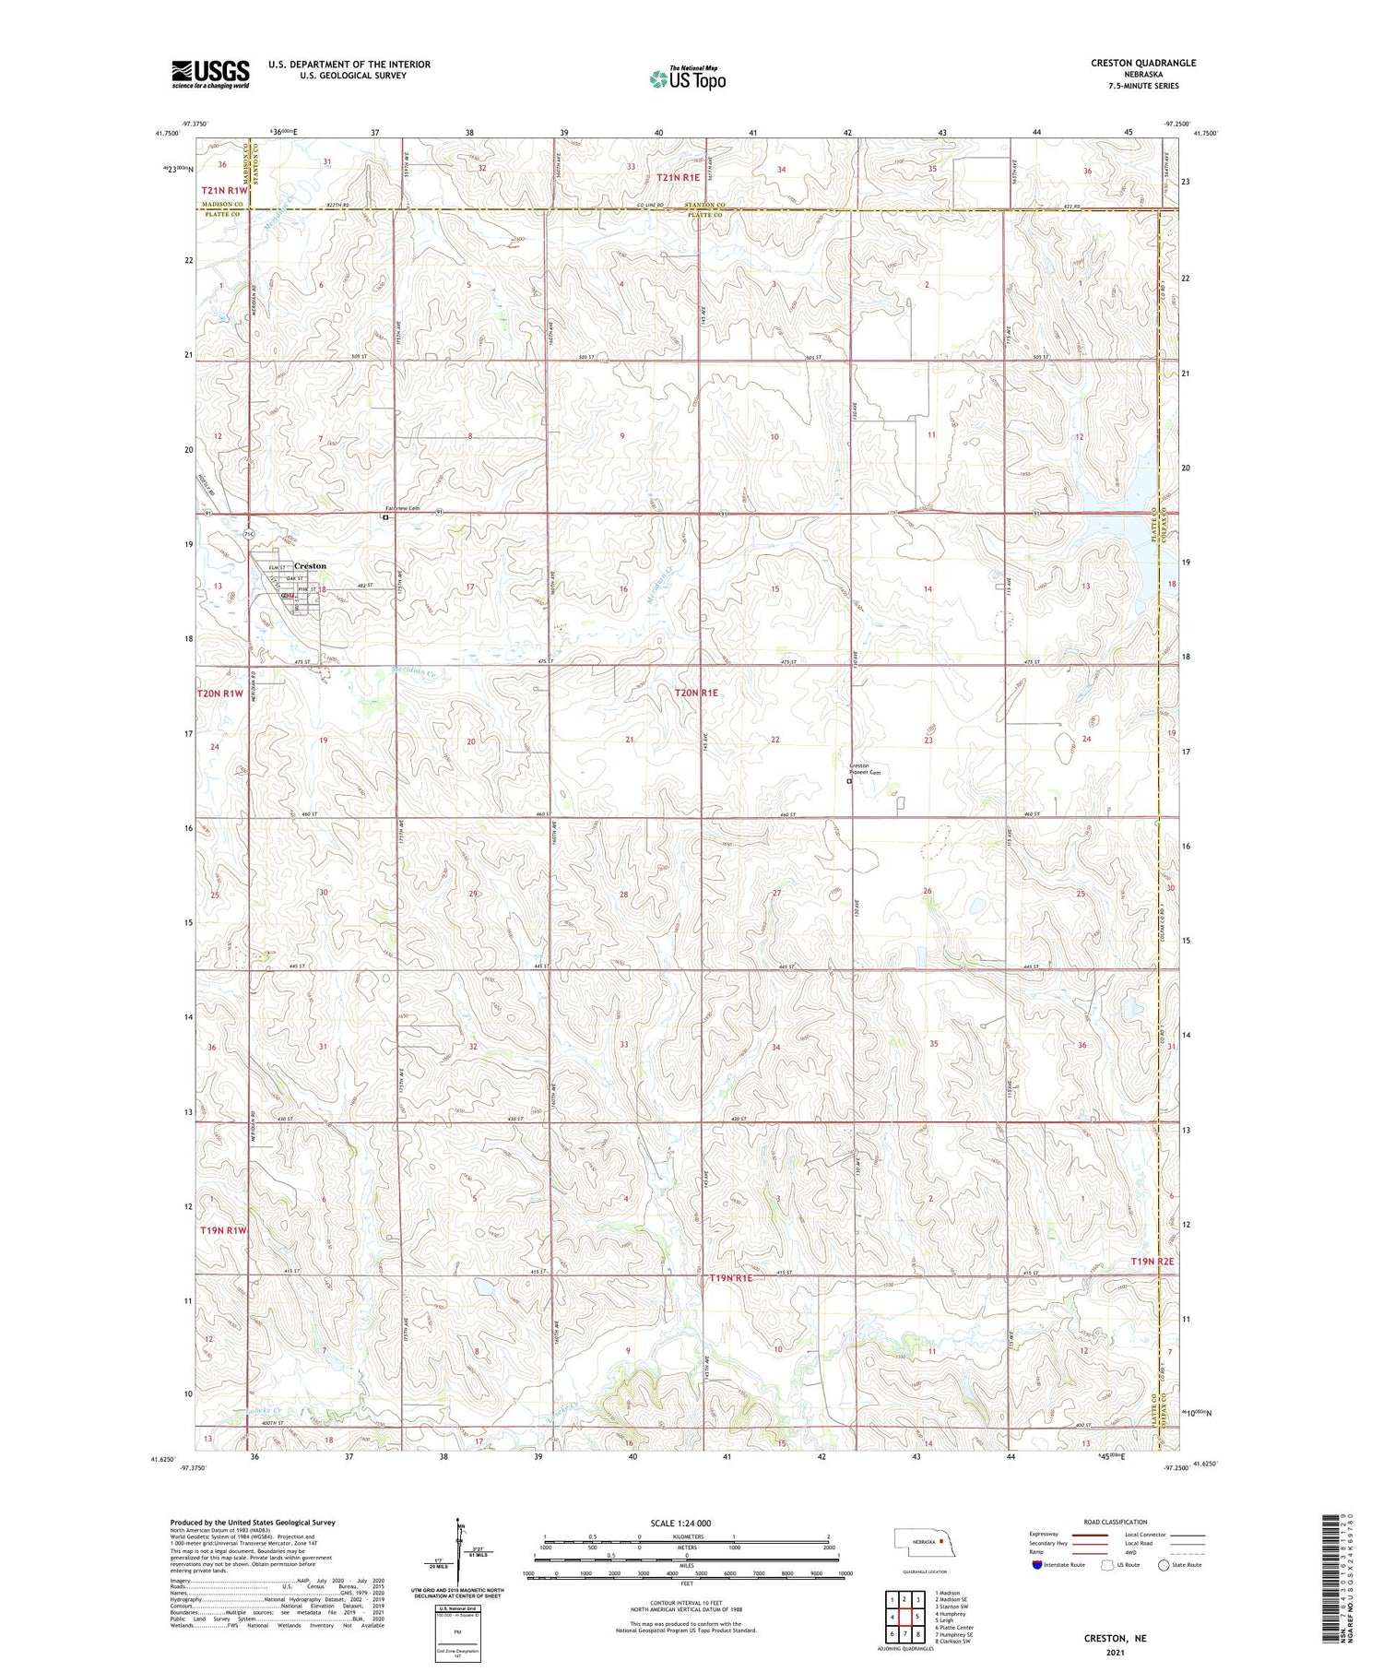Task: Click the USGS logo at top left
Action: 210,74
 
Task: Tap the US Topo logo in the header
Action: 687,79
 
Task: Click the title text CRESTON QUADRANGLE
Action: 1142,63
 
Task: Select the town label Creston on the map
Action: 310,565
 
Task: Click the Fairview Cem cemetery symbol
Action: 385,517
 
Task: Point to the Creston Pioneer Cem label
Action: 865,769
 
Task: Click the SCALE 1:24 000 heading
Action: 680,1523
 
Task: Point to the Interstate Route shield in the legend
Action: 1037,1565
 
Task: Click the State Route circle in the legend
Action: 1164,1565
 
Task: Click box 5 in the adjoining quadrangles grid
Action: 917,1617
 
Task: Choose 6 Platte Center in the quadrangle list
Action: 953,1628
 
